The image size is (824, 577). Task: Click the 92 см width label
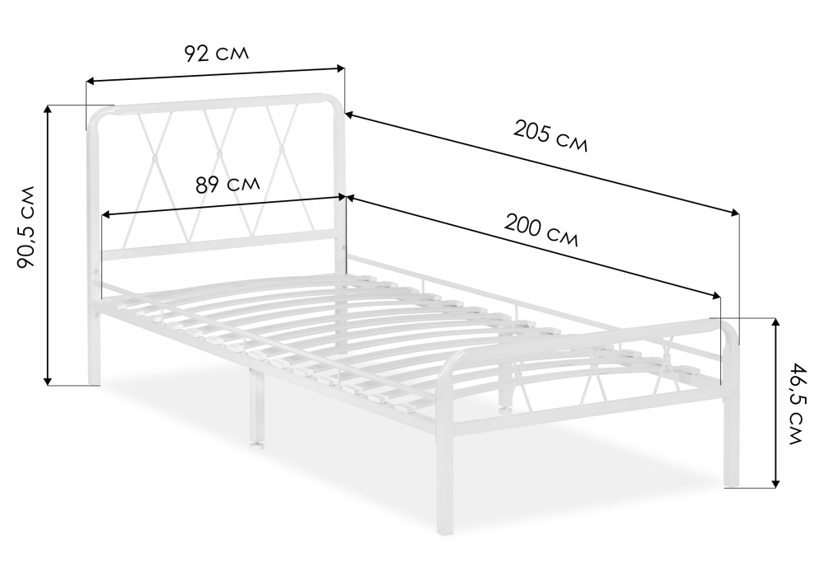[217, 53]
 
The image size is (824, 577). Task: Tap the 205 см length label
[550, 136]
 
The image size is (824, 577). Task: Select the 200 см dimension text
[541, 230]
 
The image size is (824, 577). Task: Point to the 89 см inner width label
[227, 184]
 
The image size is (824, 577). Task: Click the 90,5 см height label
[26, 227]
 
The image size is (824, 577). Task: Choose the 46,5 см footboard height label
[798, 403]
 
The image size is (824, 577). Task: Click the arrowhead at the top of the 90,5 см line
[49, 109]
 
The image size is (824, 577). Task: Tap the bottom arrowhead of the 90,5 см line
[49, 381]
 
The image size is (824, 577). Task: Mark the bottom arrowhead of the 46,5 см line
[775, 483]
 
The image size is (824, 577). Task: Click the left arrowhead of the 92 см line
[90, 81]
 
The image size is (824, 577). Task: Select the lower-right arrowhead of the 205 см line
[735, 212]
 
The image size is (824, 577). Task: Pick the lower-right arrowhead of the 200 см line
[716, 296]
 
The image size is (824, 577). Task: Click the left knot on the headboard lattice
[155, 157]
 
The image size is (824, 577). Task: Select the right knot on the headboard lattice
[282, 149]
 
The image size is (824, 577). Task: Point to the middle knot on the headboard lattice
[218, 153]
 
